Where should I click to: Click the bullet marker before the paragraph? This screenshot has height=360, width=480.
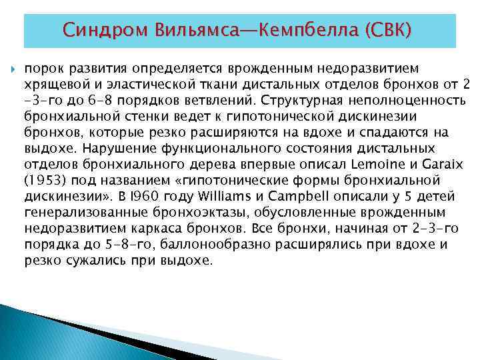(13, 69)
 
